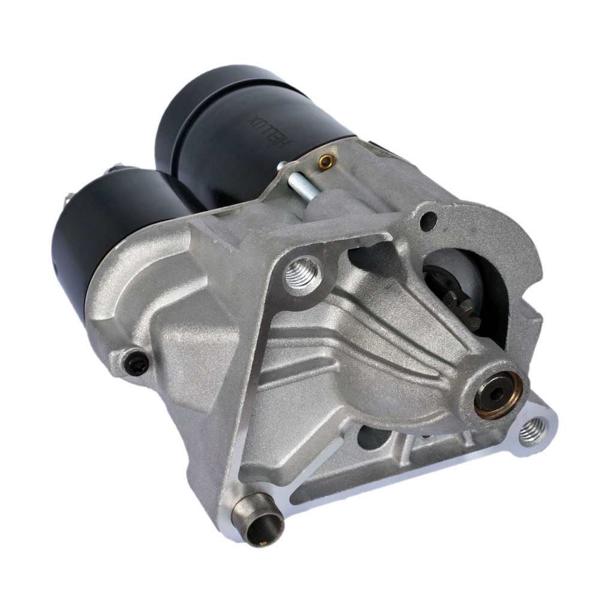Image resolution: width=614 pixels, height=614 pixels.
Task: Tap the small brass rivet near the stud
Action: (325, 160)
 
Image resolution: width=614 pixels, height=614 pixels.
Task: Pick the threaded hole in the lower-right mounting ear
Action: (531, 430)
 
